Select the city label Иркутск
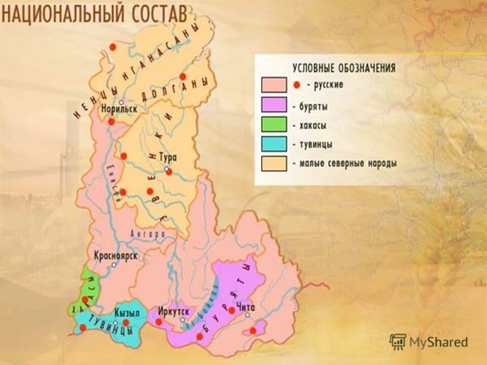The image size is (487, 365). tap(173, 310)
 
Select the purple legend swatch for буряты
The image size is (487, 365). tap(274, 105)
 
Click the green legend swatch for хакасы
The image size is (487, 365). tap(274, 125)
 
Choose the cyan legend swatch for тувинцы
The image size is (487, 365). tap(274, 144)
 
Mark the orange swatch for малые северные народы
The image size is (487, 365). tap(274, 164)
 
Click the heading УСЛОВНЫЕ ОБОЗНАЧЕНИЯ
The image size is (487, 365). tap(343, 68)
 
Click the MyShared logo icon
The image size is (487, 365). tap(398, 342)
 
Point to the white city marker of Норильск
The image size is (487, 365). tap(115, 102)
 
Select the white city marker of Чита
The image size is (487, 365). tap(248, 315)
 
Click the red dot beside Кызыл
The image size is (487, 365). tap(126, 322)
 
